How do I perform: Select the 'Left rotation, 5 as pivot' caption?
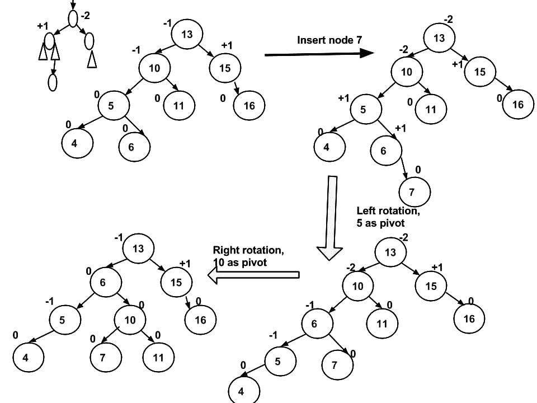[x=388, y=217]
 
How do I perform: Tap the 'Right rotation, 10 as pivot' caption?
[x=244, y=256]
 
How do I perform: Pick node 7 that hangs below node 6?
[x=414, y=193]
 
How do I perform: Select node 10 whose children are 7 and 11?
[x=130, y=320]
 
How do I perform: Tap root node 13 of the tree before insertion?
[x=186, y=35]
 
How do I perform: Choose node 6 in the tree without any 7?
[x=134, y=147]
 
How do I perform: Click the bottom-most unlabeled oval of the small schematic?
[x=53, y=82]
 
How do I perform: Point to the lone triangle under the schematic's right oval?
[x=92, y=59]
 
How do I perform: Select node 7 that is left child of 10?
[x=106, y=357]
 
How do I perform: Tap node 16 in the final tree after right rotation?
[x=200, y=320]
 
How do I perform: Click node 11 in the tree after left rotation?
[x=382, y=324]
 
